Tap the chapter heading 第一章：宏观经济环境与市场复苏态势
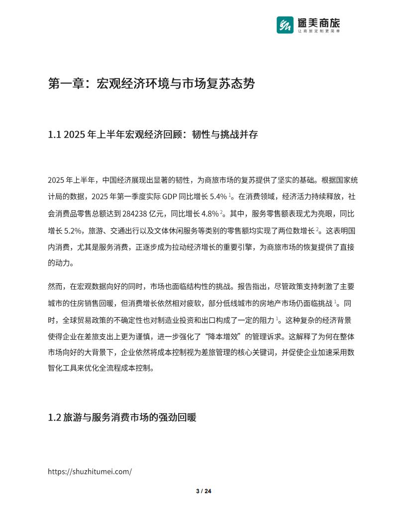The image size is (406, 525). click(151, 84)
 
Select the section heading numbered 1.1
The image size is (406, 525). click(153, 134)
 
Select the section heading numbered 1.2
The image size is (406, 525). click(122, 417)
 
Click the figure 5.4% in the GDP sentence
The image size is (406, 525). click(219, 196)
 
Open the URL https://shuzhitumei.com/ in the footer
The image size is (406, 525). click(90, 472)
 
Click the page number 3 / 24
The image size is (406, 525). click(203, 491)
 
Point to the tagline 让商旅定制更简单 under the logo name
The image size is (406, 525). click(318, 31)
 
